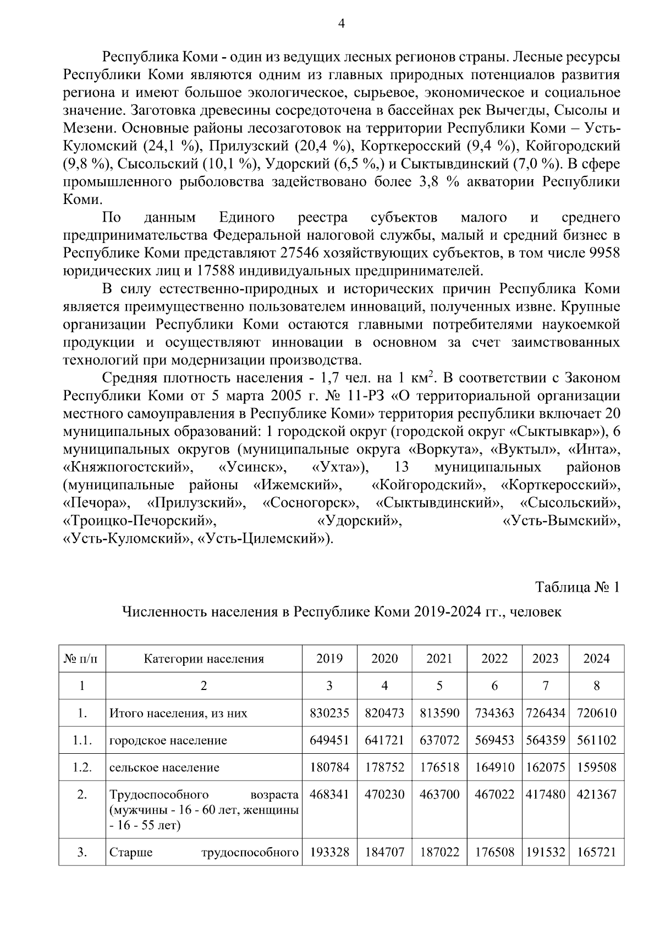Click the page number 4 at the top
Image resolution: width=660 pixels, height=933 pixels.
(341, 24)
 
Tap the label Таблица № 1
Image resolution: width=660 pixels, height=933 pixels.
(577, 587)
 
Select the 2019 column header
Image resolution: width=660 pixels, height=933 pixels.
(329, 659)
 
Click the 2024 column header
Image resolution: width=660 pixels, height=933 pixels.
(597, 659)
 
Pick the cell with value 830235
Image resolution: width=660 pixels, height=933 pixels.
(329, 713)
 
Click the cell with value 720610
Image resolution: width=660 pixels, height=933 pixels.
(597, 713)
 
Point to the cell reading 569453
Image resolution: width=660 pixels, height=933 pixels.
(494, 740)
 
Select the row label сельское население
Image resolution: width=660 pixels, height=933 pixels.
(164, 767)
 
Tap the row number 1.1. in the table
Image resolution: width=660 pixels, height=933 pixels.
(82, 740)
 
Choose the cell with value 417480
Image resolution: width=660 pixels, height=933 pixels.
(546, 794)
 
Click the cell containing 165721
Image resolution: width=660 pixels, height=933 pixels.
(597, 853)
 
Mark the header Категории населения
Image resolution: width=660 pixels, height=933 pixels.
(204, 659)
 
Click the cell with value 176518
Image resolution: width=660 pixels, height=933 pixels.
(439, 767)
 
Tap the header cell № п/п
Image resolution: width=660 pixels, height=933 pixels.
(82, 659)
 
